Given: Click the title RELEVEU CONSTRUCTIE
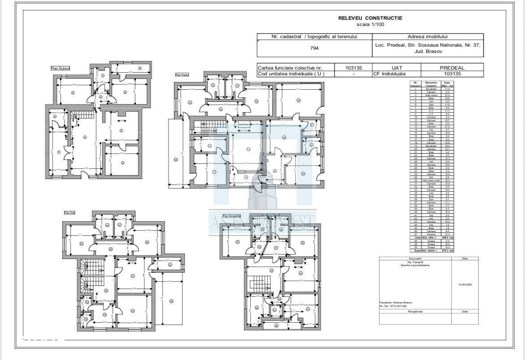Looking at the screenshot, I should tap(370, 18).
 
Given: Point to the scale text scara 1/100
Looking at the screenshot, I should tap(370, 24).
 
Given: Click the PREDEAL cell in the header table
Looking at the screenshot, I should tap(452, 67).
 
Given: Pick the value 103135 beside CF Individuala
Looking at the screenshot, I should tap(452, 74).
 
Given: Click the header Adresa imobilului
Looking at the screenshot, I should tap(428, 37).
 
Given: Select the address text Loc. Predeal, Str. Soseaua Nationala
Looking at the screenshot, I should tap(428, 45).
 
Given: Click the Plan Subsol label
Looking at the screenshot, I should tap(60, 68).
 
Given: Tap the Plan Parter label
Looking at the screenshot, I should tap(182, 75).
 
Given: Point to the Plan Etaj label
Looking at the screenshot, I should tap(70, 213).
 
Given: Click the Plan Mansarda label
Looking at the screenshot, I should tap(232, 216).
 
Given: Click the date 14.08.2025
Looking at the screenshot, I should tap(464, 285).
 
